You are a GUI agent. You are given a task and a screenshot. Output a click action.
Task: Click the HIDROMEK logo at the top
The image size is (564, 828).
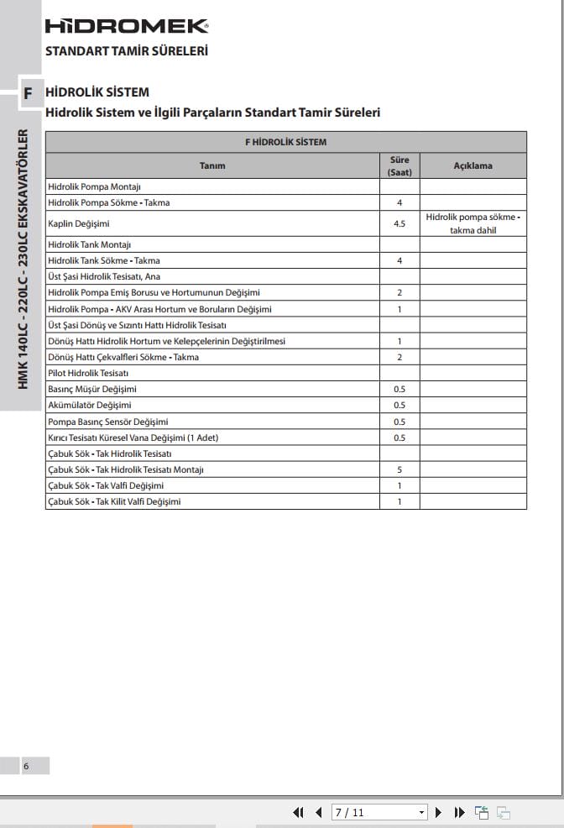click(127, 26)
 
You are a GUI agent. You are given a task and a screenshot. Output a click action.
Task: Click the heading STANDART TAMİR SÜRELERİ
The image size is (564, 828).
click(127, 50)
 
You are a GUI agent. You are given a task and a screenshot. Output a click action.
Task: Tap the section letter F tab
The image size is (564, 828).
click(28, 93)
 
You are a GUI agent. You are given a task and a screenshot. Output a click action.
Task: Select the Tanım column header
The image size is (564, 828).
click(212, 165)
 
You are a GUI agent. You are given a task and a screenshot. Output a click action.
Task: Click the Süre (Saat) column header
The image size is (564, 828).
click(399, 165)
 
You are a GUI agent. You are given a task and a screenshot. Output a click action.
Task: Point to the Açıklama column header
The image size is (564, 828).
click(473, 165)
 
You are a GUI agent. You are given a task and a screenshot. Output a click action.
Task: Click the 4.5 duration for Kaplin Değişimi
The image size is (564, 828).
click(399, 224)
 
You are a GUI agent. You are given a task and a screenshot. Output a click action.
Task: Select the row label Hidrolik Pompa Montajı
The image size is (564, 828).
click(94, 186)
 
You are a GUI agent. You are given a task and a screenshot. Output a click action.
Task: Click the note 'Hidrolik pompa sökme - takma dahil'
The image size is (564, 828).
click(473, 223)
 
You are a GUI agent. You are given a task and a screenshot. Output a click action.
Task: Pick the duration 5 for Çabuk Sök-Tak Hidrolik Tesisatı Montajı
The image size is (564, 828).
click(399, 469)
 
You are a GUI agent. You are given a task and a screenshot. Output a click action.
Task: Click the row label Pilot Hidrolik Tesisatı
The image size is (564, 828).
click(88, 373)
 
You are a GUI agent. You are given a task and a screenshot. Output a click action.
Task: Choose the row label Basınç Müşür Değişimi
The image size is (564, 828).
click(92, 389)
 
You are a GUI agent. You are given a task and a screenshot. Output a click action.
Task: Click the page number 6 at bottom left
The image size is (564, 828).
click(26, 766)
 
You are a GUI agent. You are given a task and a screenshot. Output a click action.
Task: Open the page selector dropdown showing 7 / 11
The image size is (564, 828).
click(380, 812)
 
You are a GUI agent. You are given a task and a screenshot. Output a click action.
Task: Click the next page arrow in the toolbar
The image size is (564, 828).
click(437, 812)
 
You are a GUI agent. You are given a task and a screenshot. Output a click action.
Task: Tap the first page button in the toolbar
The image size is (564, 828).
click(298, 812)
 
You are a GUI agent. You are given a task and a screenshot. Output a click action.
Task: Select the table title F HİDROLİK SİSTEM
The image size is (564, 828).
click(285, 142)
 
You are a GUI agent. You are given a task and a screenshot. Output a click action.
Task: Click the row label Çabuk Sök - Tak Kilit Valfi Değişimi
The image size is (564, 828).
click(114, 501)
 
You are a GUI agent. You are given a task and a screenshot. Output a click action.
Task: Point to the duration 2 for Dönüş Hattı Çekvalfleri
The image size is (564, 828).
click(399, 357)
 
